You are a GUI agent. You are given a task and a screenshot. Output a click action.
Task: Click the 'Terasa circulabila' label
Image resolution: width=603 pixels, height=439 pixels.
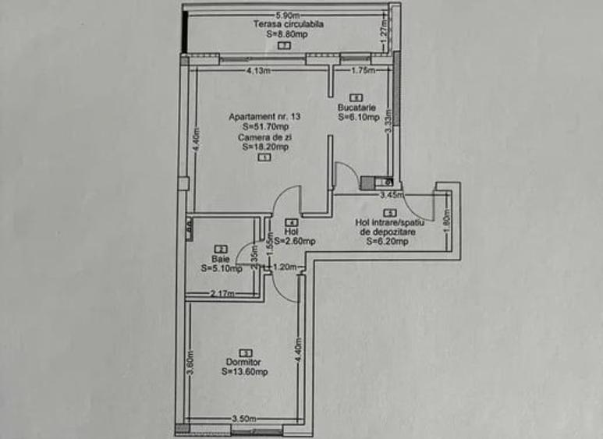(288, 24)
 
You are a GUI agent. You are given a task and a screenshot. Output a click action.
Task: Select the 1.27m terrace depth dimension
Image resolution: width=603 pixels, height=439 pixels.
(384, 34)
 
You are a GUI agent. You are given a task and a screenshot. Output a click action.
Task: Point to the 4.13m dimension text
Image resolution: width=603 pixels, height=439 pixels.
(258, 71)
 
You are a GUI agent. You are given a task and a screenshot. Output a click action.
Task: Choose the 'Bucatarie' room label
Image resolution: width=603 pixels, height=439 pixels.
(357, 108)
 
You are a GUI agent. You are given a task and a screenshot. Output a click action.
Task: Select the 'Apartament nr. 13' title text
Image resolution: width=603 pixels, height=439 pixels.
(264, 116)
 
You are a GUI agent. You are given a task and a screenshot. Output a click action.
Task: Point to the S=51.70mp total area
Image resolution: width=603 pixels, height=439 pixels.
(265, 126)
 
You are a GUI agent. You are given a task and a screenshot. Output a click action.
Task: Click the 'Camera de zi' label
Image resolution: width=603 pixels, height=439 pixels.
(264, 136)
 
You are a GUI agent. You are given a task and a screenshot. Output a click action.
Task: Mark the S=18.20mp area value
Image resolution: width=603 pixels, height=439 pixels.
(265, 146)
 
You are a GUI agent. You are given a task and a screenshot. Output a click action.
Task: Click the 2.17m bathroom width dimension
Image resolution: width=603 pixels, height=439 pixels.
(222, 293)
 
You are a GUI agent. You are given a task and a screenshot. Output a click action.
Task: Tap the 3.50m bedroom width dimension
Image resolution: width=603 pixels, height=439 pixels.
(243, 420)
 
